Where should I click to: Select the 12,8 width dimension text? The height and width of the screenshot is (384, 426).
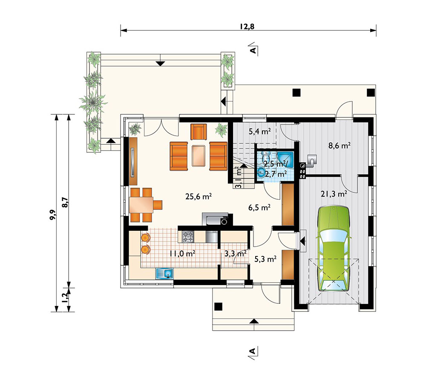[247, 26]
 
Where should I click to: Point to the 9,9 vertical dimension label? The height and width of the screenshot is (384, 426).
[53, 215]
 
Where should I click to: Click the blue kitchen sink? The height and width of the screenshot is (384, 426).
[164, 273]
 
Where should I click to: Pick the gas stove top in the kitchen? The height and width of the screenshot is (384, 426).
[187, 236]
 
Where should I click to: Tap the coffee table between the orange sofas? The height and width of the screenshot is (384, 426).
[199, 156]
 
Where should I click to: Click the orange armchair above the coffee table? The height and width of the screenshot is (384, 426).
[199, 132]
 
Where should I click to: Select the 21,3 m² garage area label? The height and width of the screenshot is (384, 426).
[334, 194]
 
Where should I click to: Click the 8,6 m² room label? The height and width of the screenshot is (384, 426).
[340, 145]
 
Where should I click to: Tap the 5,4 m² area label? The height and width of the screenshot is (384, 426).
[260, 132]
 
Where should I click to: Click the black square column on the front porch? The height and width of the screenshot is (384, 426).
[219, 306]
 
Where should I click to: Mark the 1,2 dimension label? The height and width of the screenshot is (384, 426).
[65, 298]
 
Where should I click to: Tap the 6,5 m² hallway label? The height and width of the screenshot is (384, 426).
[259, 208]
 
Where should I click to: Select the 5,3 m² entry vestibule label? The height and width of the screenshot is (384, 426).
[265, 259]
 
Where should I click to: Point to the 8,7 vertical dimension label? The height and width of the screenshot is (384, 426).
[66, 202]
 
